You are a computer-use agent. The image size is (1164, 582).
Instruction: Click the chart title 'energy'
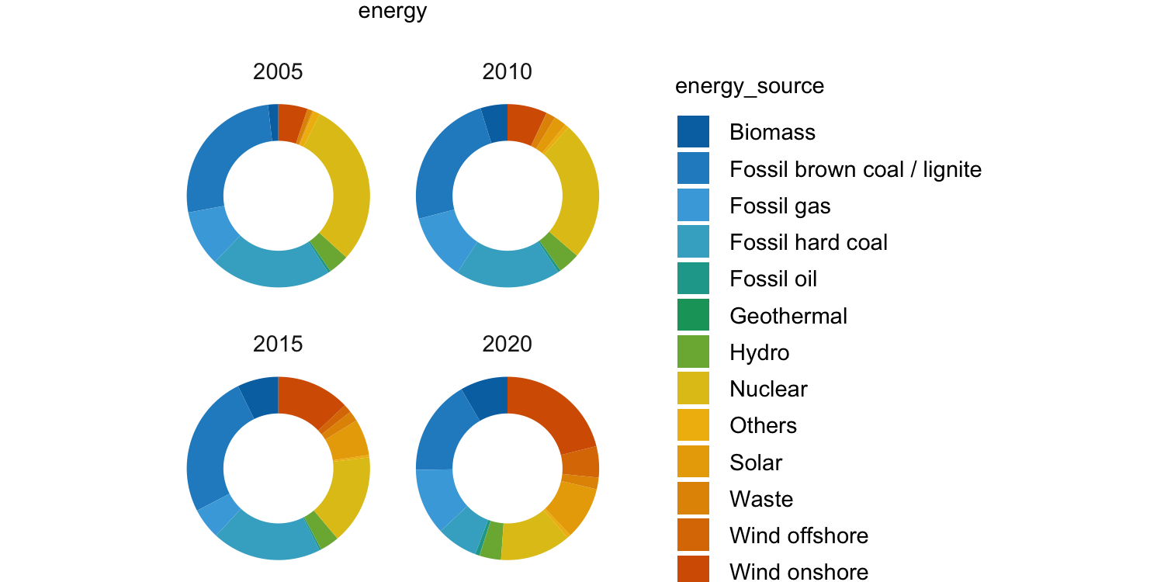click(x=392, y=12)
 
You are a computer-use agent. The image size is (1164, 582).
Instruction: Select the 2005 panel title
click(x=278, y=72)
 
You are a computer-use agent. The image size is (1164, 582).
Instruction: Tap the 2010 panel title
click(x=508, y=72)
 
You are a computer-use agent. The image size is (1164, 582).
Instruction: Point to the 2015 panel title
click(x=278, y=344)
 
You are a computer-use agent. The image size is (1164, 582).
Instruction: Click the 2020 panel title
click(x=508, y=344)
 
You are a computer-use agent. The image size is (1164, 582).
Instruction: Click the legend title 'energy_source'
click(x=750, y=86)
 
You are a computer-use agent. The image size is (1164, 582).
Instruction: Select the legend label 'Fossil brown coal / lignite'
click(x=855, y=169)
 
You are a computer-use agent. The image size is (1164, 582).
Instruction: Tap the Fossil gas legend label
click(x=780, y=206)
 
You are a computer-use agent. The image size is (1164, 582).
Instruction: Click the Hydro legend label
click(x=759, y=353)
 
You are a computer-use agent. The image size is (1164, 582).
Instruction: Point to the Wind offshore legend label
click(x=799, y=535)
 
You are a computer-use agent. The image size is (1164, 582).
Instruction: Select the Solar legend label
click(x=756, y=462)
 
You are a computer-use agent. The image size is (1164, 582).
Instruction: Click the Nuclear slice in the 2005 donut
click(x=345, y=186)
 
